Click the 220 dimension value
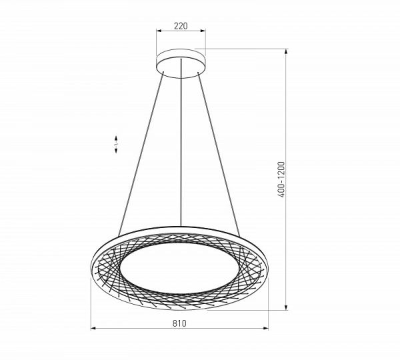coord(180,26)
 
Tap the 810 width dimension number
coord(179,323)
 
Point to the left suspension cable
coord(140,153)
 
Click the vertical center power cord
coord(181,153)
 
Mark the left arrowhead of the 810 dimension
coord(93,329)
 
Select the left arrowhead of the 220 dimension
coord(159,31)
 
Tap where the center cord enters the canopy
coord(181,75)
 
